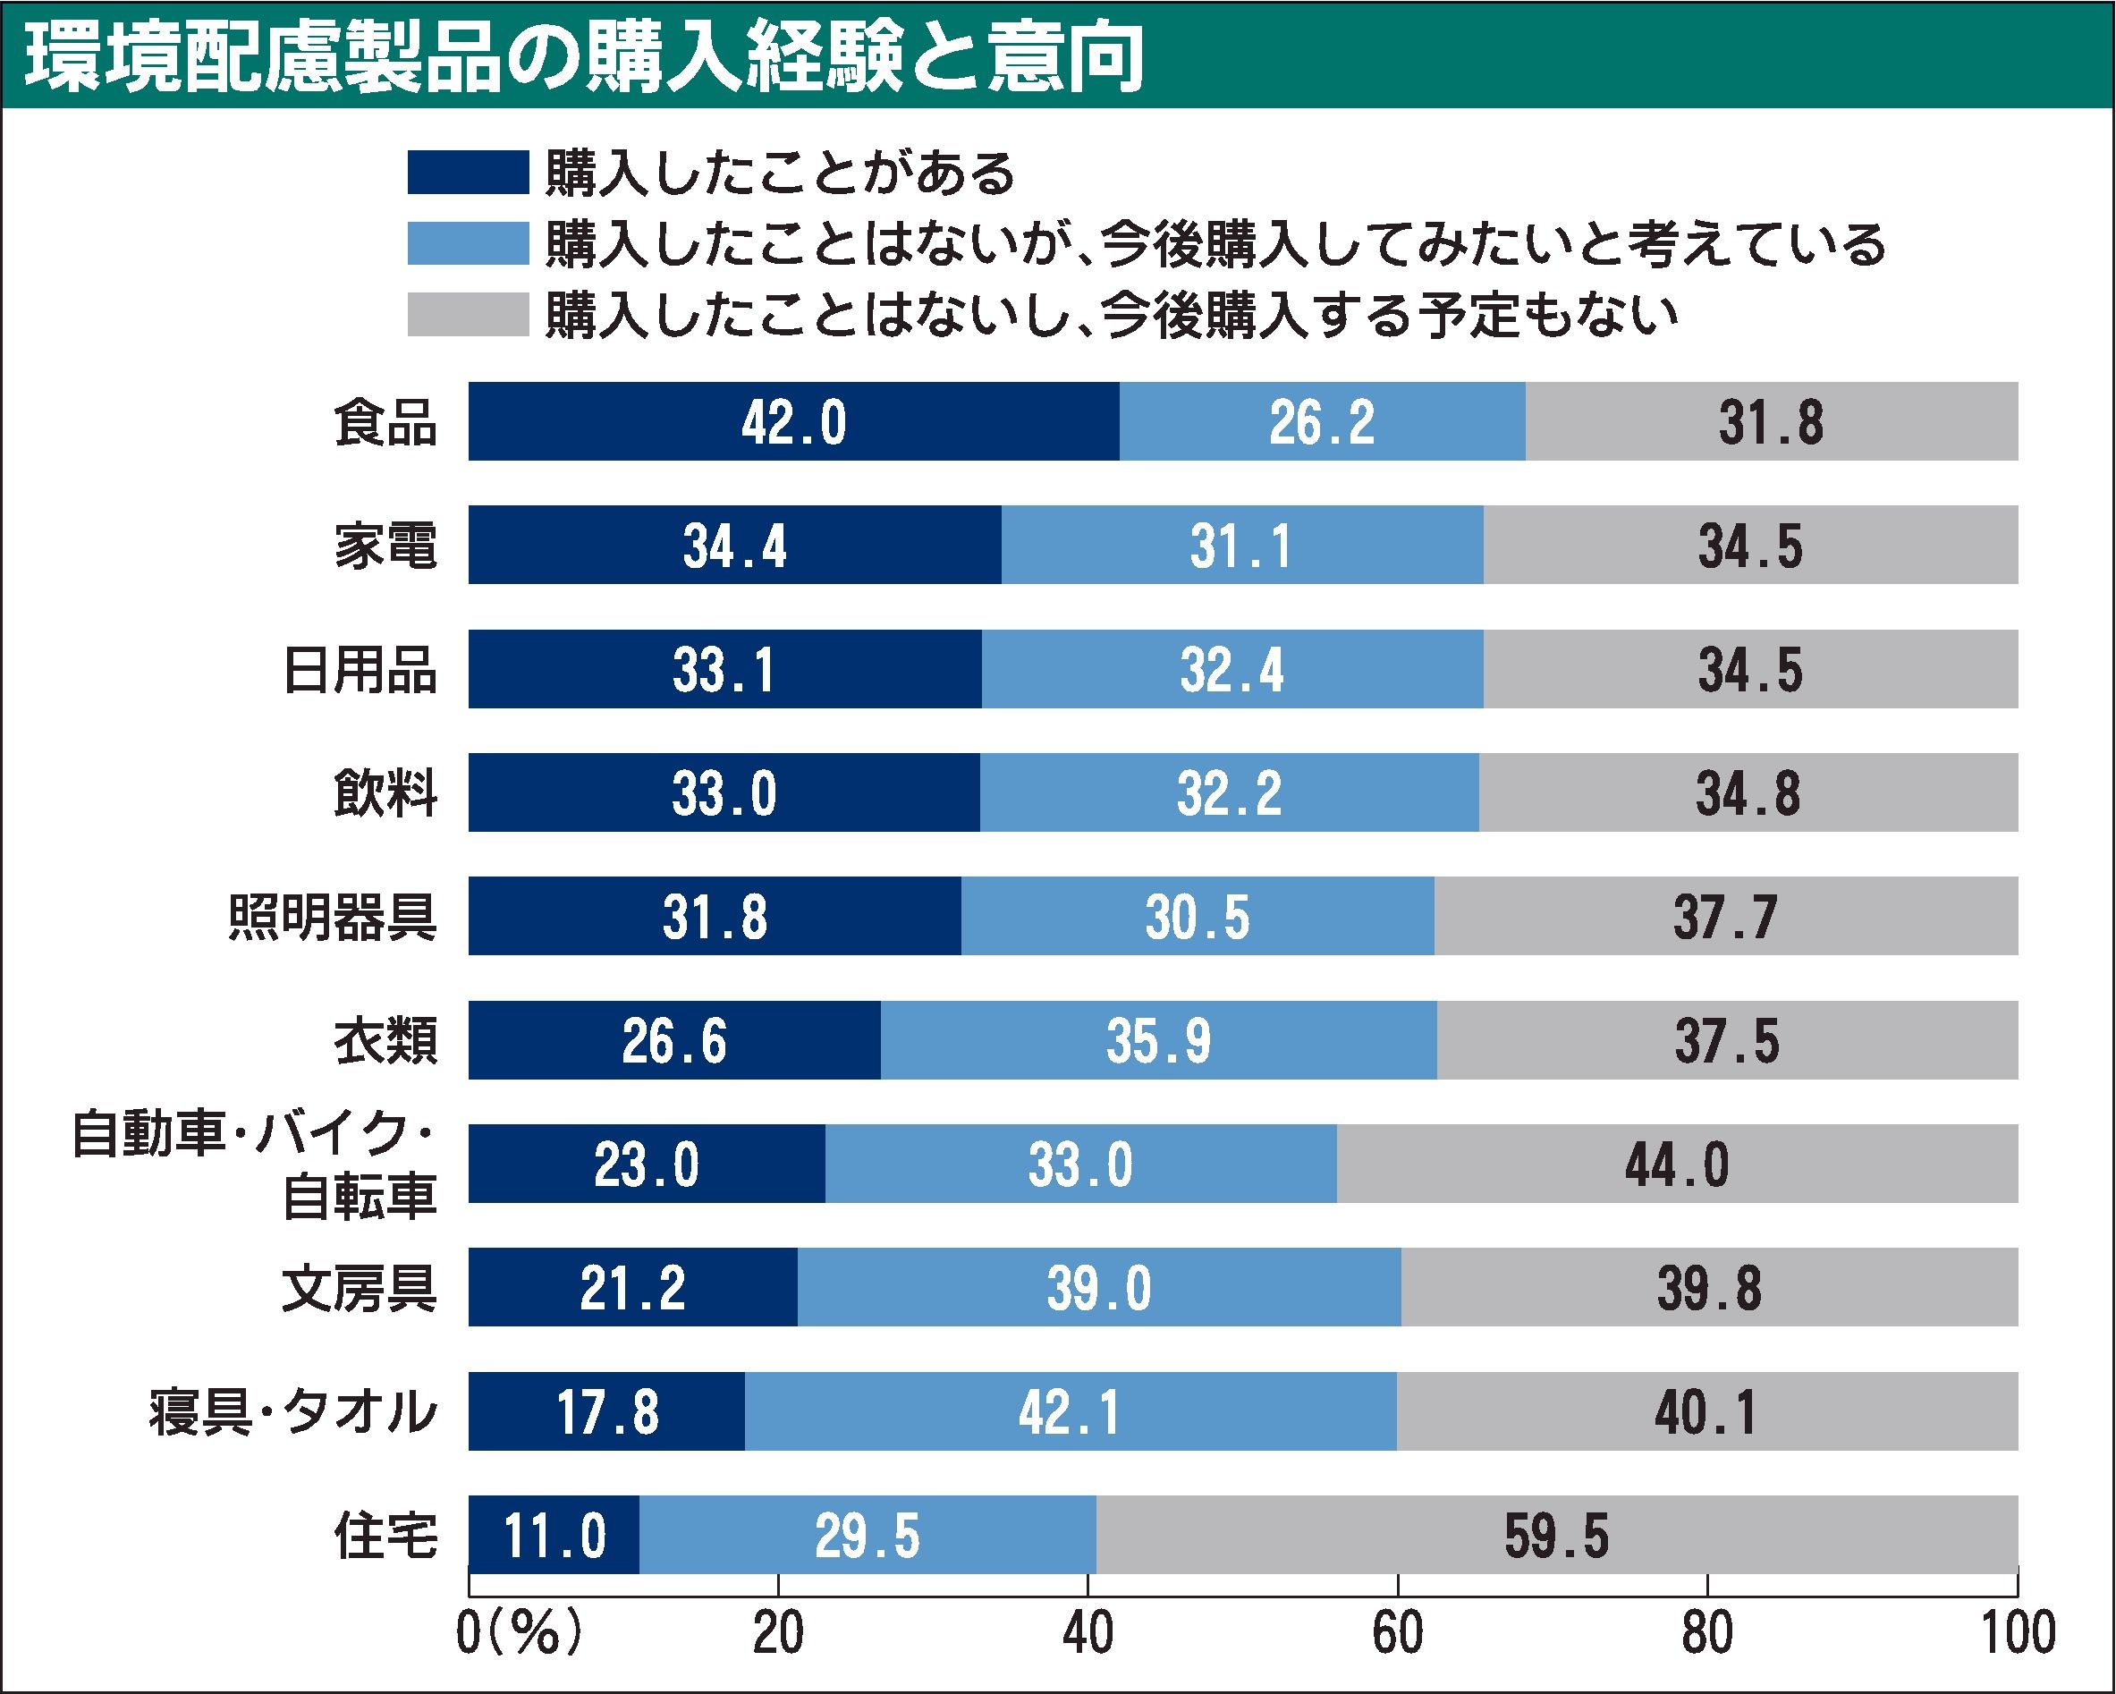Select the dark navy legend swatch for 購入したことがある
pos(468,173)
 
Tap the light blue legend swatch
pos(468,243)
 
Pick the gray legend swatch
pos(468,314)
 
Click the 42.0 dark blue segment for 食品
pos(793,422)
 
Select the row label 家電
pos(385,546)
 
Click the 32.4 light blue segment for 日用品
pos(1232,669)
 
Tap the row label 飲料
pos(385,793)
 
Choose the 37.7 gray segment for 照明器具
pos(1725,917)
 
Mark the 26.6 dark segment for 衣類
pos(674,1040)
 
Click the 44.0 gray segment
pos(1676,1164)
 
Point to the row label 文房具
pos(360,1288)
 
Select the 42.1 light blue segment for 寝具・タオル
pos(1070,1411)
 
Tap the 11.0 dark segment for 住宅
pos(554,1535)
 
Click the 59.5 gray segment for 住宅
pos(1556,1535)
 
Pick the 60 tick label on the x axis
pos(1398,1633)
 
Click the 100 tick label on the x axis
pos(2018,1633)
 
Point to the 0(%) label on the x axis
pos(521,1633)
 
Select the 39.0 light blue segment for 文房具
pos(1098,1288)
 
